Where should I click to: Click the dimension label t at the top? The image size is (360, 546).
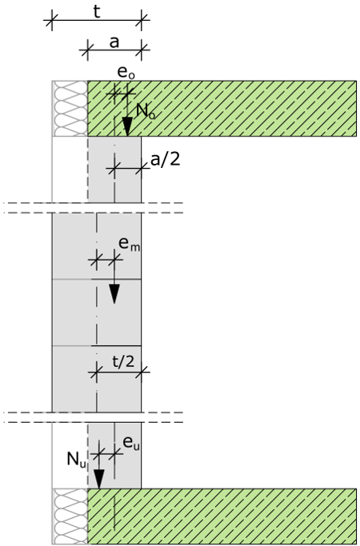tap(97, 12)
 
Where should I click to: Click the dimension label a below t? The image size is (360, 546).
tap(114, 42)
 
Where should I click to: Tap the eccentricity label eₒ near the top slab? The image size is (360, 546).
tap(126, 72)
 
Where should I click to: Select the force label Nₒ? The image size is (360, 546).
tap(146, 111)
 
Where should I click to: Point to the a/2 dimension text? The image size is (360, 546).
tap(165, 159)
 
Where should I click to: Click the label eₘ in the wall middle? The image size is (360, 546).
tap(130, 243)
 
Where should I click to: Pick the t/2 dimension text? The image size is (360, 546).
tap(123, 361)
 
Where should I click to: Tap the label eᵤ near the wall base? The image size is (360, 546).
tap(131, 443)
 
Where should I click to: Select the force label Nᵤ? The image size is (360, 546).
tap(76, 460)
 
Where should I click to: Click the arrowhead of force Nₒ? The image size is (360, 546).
tap(127, 126)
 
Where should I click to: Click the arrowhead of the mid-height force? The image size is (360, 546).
tap(114, 294)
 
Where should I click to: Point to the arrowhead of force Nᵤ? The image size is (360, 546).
tap(99, 479)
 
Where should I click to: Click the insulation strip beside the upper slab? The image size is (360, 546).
tap(70, 108)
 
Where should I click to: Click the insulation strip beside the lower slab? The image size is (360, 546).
tap(70, 516)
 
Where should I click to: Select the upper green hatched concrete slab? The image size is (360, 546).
tap(222, 108)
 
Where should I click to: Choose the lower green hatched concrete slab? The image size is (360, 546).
tap(222, 516)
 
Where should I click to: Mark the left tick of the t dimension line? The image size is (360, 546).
tap(52, 20)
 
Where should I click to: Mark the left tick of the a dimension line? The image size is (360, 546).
tap(87, 50)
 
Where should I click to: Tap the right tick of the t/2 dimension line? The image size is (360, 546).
tap(141, 373)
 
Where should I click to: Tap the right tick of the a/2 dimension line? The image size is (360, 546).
tap(141, 169)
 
